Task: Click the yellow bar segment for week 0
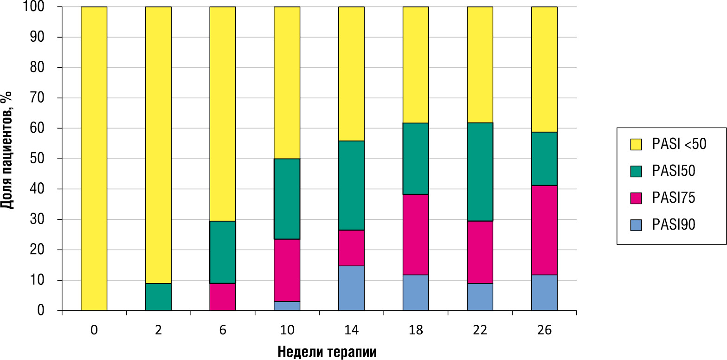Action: [94, 159]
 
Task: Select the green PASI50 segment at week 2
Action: [158, 297]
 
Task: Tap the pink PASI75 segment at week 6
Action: [223, 297]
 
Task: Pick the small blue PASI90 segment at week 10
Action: [287, 306]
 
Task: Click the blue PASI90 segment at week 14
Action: [351, 288]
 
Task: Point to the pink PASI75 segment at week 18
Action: [415, 234]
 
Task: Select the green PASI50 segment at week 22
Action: [480, 172]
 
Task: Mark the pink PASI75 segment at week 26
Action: [544, 230]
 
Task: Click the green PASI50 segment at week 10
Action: [287, 199]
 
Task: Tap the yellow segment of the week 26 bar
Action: [544, 70]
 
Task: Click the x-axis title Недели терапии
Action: [327, 352]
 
